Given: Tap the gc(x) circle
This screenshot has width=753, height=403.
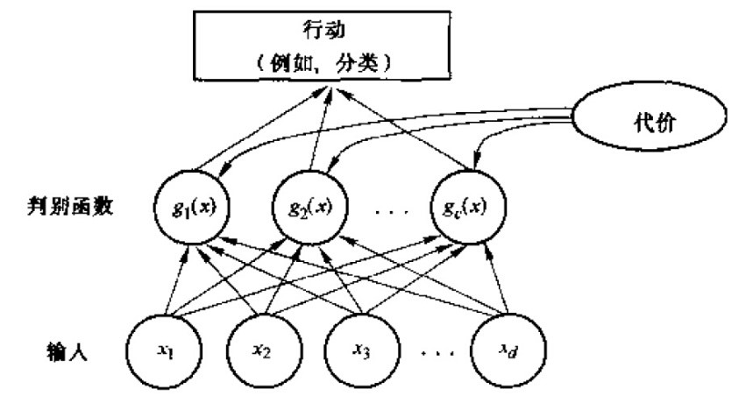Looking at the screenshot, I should [464, 209].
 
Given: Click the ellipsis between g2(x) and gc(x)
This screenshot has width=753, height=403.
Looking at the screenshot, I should [389, 211].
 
